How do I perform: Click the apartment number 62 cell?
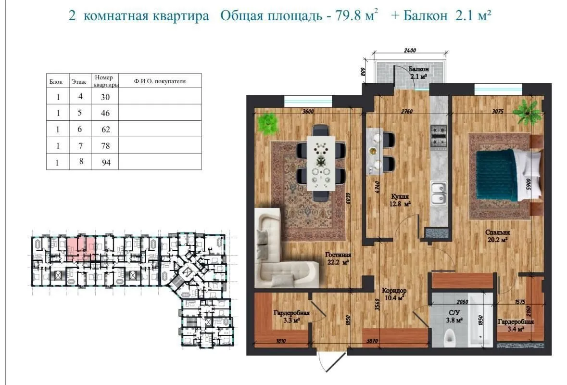pyautogui.click(x=106, y=129)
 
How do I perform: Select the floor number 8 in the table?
pyautogui.click(x=81, y=162)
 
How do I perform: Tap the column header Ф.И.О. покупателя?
pyautogui.click(x=160, y=81)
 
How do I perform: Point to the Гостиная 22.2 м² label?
pyautogui.click(x=337, y=258)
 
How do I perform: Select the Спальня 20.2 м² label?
pyautogui.click(x=497, y=236)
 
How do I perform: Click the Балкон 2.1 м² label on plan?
pyautogui.click(x=418, y=73)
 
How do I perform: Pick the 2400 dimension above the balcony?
pyautogui.click(x=410, y=51)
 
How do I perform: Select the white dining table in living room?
pyautogui.click(x=321, y=162)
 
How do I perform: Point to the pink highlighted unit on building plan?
pyautogui.click(x=80, y=247)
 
